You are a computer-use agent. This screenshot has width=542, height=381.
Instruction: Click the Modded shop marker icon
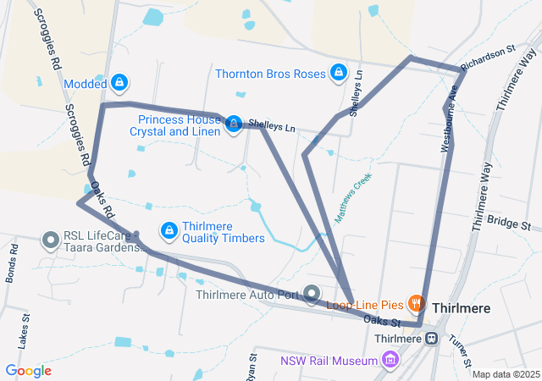pos(119,83)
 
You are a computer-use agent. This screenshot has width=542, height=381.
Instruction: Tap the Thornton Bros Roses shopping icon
pos(339,73)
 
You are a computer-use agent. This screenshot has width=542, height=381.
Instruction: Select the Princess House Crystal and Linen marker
pos(233,124)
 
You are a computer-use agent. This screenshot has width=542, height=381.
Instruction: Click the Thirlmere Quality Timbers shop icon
pos(169,230)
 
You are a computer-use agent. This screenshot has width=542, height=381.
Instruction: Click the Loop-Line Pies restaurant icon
pos(415,302)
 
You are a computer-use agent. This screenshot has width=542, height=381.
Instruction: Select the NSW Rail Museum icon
pos(390,362)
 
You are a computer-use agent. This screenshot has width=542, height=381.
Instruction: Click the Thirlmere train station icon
pos(431,339)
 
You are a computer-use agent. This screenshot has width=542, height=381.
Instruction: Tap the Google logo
pos(28,371)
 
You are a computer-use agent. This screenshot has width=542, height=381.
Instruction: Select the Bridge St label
pos(509,224)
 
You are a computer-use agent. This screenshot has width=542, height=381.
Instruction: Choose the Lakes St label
pos(26,331)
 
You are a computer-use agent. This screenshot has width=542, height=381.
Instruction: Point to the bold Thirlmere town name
pos(462,308)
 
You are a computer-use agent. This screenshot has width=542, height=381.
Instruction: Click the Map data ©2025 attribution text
pos(506,374)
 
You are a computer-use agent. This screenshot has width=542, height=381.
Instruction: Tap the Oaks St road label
pos(382,321)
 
